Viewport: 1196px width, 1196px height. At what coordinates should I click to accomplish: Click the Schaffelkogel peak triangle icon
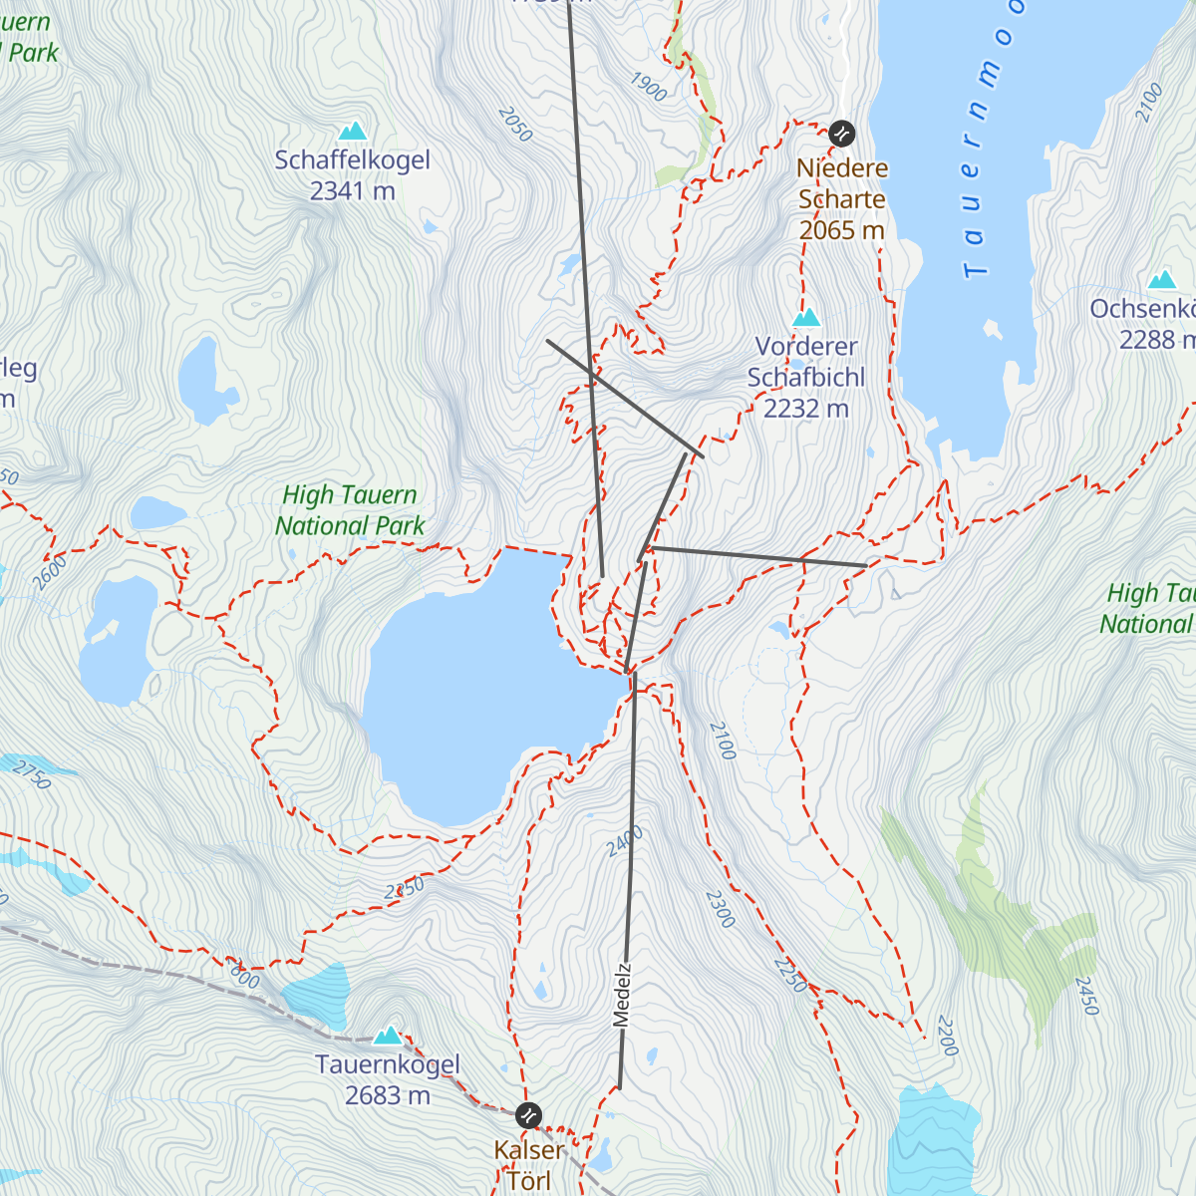352,131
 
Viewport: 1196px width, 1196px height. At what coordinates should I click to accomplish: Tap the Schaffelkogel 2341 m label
353,175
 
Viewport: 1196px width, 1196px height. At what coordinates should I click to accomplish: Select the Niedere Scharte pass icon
842,133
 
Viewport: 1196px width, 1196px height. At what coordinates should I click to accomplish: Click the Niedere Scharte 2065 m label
842,199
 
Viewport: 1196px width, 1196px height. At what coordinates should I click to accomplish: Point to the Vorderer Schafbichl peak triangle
806,318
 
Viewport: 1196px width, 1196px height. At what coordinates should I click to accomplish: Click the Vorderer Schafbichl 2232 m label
806,378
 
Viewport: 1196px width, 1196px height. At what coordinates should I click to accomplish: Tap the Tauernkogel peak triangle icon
388,1036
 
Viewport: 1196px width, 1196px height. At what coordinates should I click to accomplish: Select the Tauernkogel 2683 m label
388,1079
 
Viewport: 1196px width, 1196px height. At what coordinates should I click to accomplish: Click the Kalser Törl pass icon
529,1114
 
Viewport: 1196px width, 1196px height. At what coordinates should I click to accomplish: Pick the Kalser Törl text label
529,1165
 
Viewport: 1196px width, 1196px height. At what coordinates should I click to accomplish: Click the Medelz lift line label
622,995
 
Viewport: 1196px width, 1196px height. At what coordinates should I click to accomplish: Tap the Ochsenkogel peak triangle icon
1162,280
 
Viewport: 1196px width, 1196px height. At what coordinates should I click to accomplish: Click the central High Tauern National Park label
350,510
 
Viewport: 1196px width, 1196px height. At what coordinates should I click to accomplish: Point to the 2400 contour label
625,841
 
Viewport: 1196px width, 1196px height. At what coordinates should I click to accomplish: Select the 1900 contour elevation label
648,88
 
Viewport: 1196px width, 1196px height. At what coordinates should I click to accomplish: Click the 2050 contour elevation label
515,124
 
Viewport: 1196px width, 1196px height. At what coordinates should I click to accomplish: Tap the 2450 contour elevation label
1085,996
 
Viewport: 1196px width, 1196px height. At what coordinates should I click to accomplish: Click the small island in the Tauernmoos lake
992,328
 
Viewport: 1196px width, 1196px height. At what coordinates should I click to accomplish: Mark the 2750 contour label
33,776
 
